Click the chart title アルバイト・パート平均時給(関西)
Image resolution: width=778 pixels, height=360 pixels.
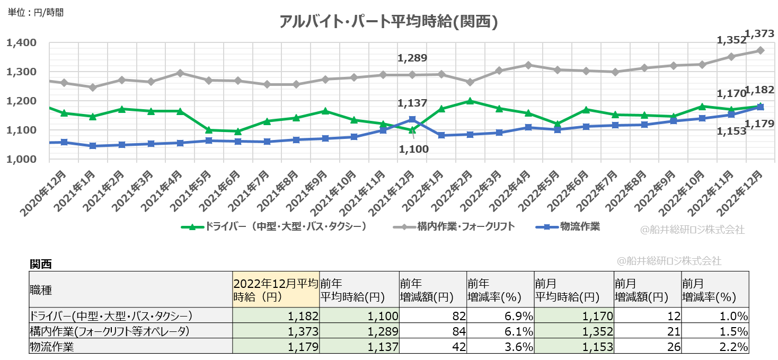(x=388, y=22)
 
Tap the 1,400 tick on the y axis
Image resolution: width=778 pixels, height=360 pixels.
(x=21, y=42)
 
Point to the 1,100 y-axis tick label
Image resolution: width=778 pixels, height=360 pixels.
(x=21, y=130)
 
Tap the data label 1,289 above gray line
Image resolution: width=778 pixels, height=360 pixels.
(x=412, y=58)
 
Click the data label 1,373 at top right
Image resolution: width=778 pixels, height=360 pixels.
(x=759, y=34)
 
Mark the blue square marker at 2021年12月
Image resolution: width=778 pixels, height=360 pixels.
(x=412, y=119)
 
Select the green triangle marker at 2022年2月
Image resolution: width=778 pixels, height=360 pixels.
(x=470, y=101)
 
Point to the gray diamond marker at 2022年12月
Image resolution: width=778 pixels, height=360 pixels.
(x=760, y=50)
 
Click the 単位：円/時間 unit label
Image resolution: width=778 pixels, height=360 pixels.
(x=35, y=12)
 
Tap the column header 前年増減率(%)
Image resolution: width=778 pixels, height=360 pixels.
(x=500, y=289)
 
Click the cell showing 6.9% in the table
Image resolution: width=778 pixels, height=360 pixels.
(x=500, y=317)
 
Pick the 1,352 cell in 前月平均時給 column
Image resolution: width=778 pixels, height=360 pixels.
(x=573, y=332)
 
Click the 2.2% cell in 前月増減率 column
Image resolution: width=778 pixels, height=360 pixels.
(x=714, y=347)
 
